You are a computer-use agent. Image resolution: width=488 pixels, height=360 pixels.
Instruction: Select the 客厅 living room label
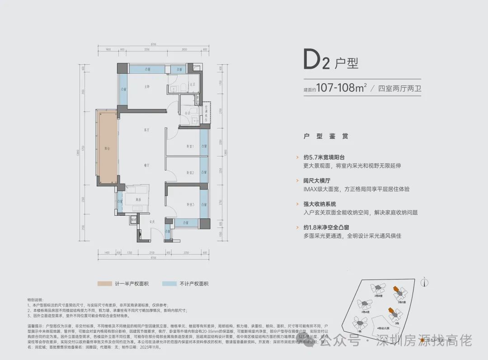tap(146, 130)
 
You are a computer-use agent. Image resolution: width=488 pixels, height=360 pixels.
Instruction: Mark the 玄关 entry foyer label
tap(153, 222)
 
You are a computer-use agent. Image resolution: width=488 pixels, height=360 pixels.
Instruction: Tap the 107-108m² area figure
tap(341, 88)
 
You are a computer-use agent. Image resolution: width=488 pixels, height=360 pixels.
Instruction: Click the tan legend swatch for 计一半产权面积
tap(104, 284)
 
